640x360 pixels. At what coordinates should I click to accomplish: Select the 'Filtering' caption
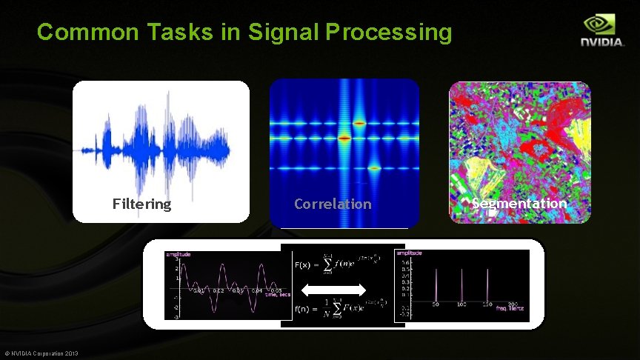coord(141,204)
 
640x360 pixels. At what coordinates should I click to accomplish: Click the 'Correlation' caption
coord(333,204)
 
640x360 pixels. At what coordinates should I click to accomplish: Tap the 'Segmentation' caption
coord(519,204)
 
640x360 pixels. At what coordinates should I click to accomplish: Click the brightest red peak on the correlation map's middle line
coord(344,137)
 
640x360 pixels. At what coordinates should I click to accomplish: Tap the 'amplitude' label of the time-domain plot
coord(177,254)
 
